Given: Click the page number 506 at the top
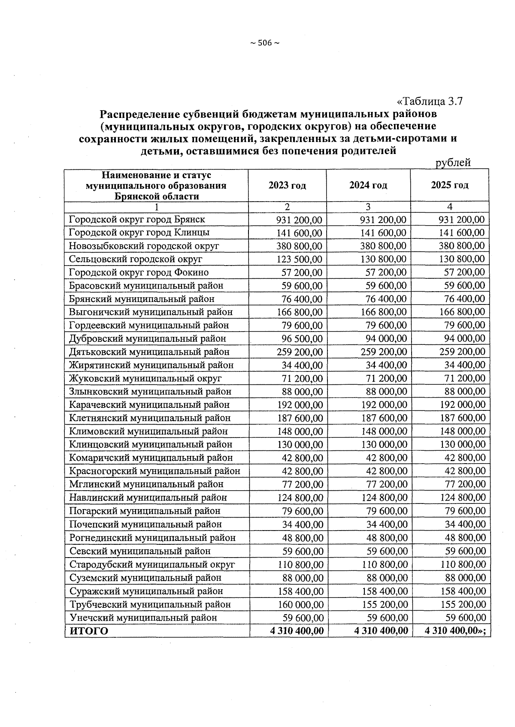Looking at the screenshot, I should click(265, 43).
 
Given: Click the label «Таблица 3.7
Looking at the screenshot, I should click(430, 102).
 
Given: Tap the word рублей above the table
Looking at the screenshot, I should click(453, 163).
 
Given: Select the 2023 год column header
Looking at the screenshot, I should click(287, 185).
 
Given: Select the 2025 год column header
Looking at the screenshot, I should click(449, 185).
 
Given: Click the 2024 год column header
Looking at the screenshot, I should click(368, 185).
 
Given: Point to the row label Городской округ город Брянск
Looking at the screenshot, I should click(137, 220).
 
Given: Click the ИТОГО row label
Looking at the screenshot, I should click(89, 631).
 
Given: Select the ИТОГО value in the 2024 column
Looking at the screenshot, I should click(381, 631).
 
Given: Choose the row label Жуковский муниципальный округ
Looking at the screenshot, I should click(145, 379).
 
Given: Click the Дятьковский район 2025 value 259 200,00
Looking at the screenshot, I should click(463, 352).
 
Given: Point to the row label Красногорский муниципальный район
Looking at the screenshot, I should click(154, 471).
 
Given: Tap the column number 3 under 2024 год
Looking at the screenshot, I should click(368, 207).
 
